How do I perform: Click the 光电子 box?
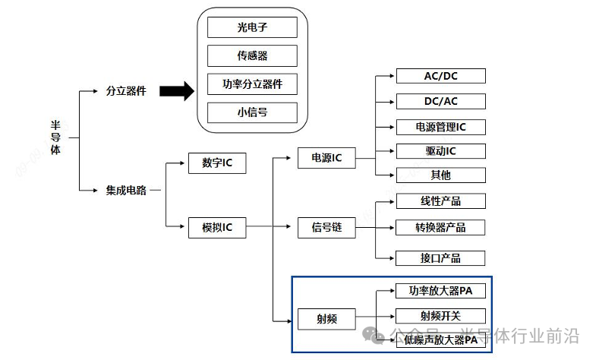click(252, 28)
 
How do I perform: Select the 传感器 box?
click(252, 55)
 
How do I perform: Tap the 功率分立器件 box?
click(252, 84)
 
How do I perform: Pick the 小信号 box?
click(252, 112)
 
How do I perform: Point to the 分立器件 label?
click(126, 91)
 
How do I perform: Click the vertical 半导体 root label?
click(55, 137)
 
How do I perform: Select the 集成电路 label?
click(126, 190)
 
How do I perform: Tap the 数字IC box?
click(217, 163)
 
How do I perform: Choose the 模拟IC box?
click(217, 227)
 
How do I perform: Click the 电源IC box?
click(326, 158)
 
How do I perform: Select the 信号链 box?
click(326, 227)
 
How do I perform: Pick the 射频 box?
click(326, 319)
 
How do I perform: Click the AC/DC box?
click(440, 76)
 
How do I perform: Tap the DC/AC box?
click(440, 101)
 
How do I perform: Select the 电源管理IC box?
click(440, 126)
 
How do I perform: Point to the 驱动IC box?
click(440, 150)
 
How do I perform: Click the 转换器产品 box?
click(440, 227)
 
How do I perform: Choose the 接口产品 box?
click(440, 257)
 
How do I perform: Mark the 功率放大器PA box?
click(440, 291)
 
